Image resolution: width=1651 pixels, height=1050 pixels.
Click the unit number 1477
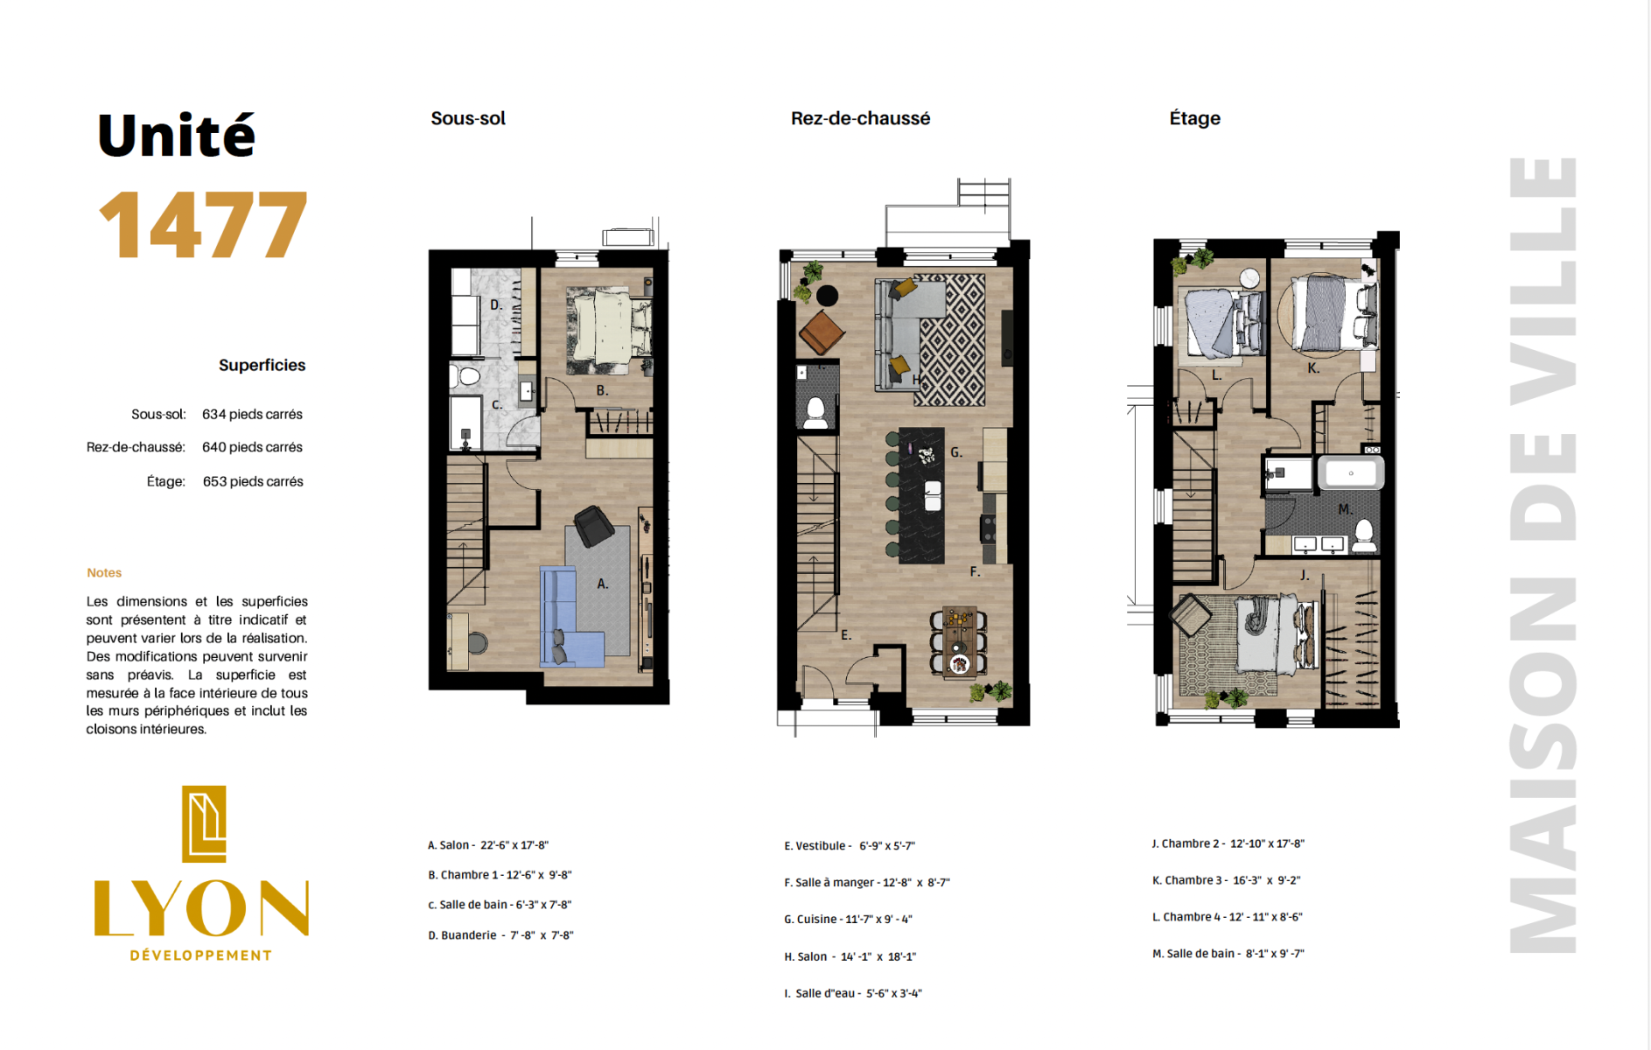pos(203,225)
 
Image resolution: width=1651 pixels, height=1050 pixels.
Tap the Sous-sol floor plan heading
pos(468,118)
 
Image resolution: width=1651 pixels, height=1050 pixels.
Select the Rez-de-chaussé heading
pos(860,118)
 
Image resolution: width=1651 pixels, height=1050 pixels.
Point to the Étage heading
pos(1194,118)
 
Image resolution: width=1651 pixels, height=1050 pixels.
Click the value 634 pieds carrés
pos(252,414)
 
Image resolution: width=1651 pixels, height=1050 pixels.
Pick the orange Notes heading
pos(104,572)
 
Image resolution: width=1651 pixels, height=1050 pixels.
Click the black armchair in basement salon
pos(593,526)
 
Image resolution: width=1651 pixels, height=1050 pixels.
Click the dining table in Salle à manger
pos(960,640)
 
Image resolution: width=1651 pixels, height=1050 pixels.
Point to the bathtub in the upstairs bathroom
pos(1351,472)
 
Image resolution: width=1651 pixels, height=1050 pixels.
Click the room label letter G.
pos(956,452)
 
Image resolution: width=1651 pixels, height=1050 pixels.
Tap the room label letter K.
pos(1313,368)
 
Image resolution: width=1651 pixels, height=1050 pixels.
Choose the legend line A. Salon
pos(488,845)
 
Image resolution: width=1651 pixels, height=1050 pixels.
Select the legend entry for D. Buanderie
pos(500,935)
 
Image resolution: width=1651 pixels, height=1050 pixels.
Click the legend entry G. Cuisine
pos(848,920)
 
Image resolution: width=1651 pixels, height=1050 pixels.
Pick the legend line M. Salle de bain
pos(1228,954)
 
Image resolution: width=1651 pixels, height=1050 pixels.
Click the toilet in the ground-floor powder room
pos(815,412)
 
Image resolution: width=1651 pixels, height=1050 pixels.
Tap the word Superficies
pos(262,366)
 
